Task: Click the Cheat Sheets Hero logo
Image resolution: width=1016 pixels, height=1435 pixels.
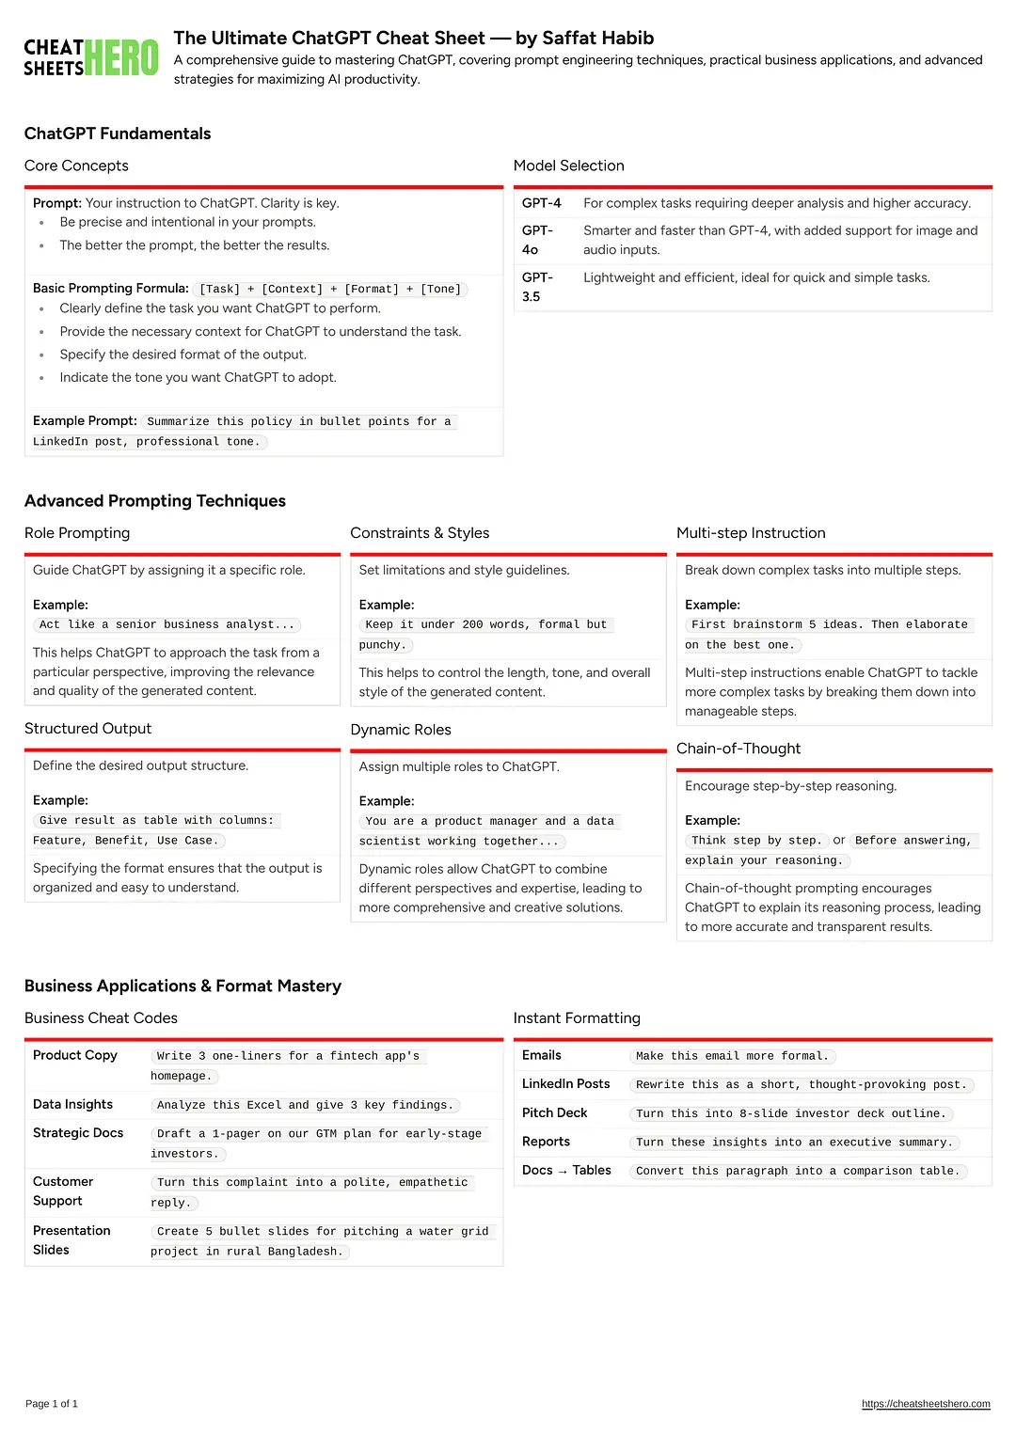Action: click(x=90, y=57)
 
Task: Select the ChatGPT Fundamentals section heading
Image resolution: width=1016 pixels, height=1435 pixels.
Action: click(x=118, y=134)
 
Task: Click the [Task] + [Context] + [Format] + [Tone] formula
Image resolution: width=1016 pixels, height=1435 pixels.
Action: click(x=330, y=290)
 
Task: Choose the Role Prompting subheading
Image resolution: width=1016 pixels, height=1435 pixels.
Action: click(x=77, y=533)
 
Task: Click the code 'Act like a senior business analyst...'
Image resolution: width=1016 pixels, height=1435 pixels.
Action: click(x=167, y=624)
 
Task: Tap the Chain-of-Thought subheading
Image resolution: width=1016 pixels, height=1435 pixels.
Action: click(x=738, y=749)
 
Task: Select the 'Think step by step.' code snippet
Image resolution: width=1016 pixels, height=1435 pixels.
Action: click(x=756, y=841)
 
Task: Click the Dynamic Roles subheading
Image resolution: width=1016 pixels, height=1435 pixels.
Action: click(x=401, y=730)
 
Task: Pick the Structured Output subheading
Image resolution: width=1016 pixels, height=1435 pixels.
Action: click(x=87, y=729)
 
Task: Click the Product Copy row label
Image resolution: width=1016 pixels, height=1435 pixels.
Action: click(x=75, y=1055)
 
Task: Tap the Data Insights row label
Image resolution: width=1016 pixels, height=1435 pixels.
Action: click(x=72, y=1104)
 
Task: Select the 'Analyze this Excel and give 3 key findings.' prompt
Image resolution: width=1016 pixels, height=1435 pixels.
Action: click(x=305, y=1105)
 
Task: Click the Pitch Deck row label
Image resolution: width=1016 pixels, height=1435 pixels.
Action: click(x=554, y=1112)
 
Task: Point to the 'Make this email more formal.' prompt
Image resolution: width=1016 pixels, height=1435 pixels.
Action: click(x=732, y=1056)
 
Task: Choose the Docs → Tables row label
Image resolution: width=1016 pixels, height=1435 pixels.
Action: click(x=566, y=1170)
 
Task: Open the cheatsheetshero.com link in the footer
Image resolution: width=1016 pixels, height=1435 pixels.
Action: click(x=926, y=1404)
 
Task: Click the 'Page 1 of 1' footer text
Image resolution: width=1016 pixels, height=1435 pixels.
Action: click(x=52, y=1404)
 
